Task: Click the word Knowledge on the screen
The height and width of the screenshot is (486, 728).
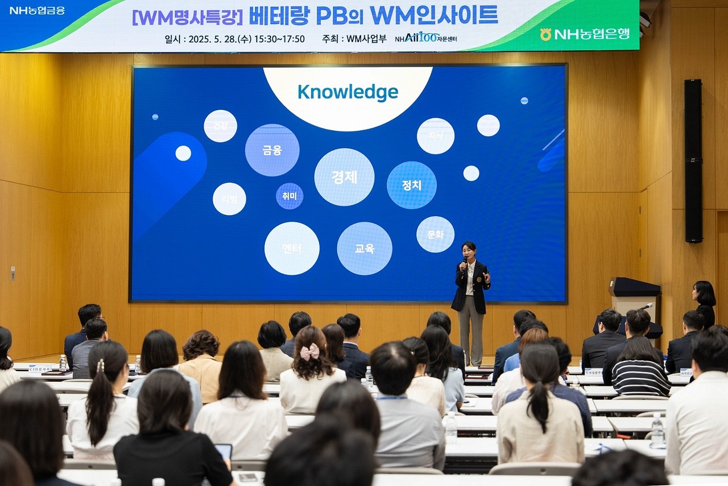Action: [x=348, y=92]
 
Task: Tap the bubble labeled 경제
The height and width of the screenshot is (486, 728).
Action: [x=344, y=177]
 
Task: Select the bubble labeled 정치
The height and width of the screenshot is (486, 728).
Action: [x=412, y=185]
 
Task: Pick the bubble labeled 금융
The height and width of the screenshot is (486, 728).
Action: [x=272, y=150]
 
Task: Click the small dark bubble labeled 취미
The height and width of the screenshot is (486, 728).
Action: [x=289, y=196]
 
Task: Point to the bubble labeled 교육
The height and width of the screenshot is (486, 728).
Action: [x=365, y=249]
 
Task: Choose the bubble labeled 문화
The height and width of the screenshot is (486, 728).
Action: [x=435, y=234]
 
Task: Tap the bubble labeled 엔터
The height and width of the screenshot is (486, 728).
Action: [x=292, y=249]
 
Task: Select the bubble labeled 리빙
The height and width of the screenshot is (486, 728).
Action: [x=229, y=199]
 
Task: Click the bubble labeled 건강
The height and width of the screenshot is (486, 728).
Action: [x=220, y=126]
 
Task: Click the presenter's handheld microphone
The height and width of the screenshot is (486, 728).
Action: [x=465, y=263]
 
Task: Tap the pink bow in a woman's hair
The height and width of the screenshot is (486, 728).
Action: [x=309, y=352]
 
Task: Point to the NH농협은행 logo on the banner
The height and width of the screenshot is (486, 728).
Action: [x=585, y=34]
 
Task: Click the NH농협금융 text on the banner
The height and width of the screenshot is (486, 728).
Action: [x=38, y=10]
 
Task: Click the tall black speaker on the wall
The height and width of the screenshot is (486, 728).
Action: [x=693, y=160]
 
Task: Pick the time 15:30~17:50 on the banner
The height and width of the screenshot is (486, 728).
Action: [x=279, y=39]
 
